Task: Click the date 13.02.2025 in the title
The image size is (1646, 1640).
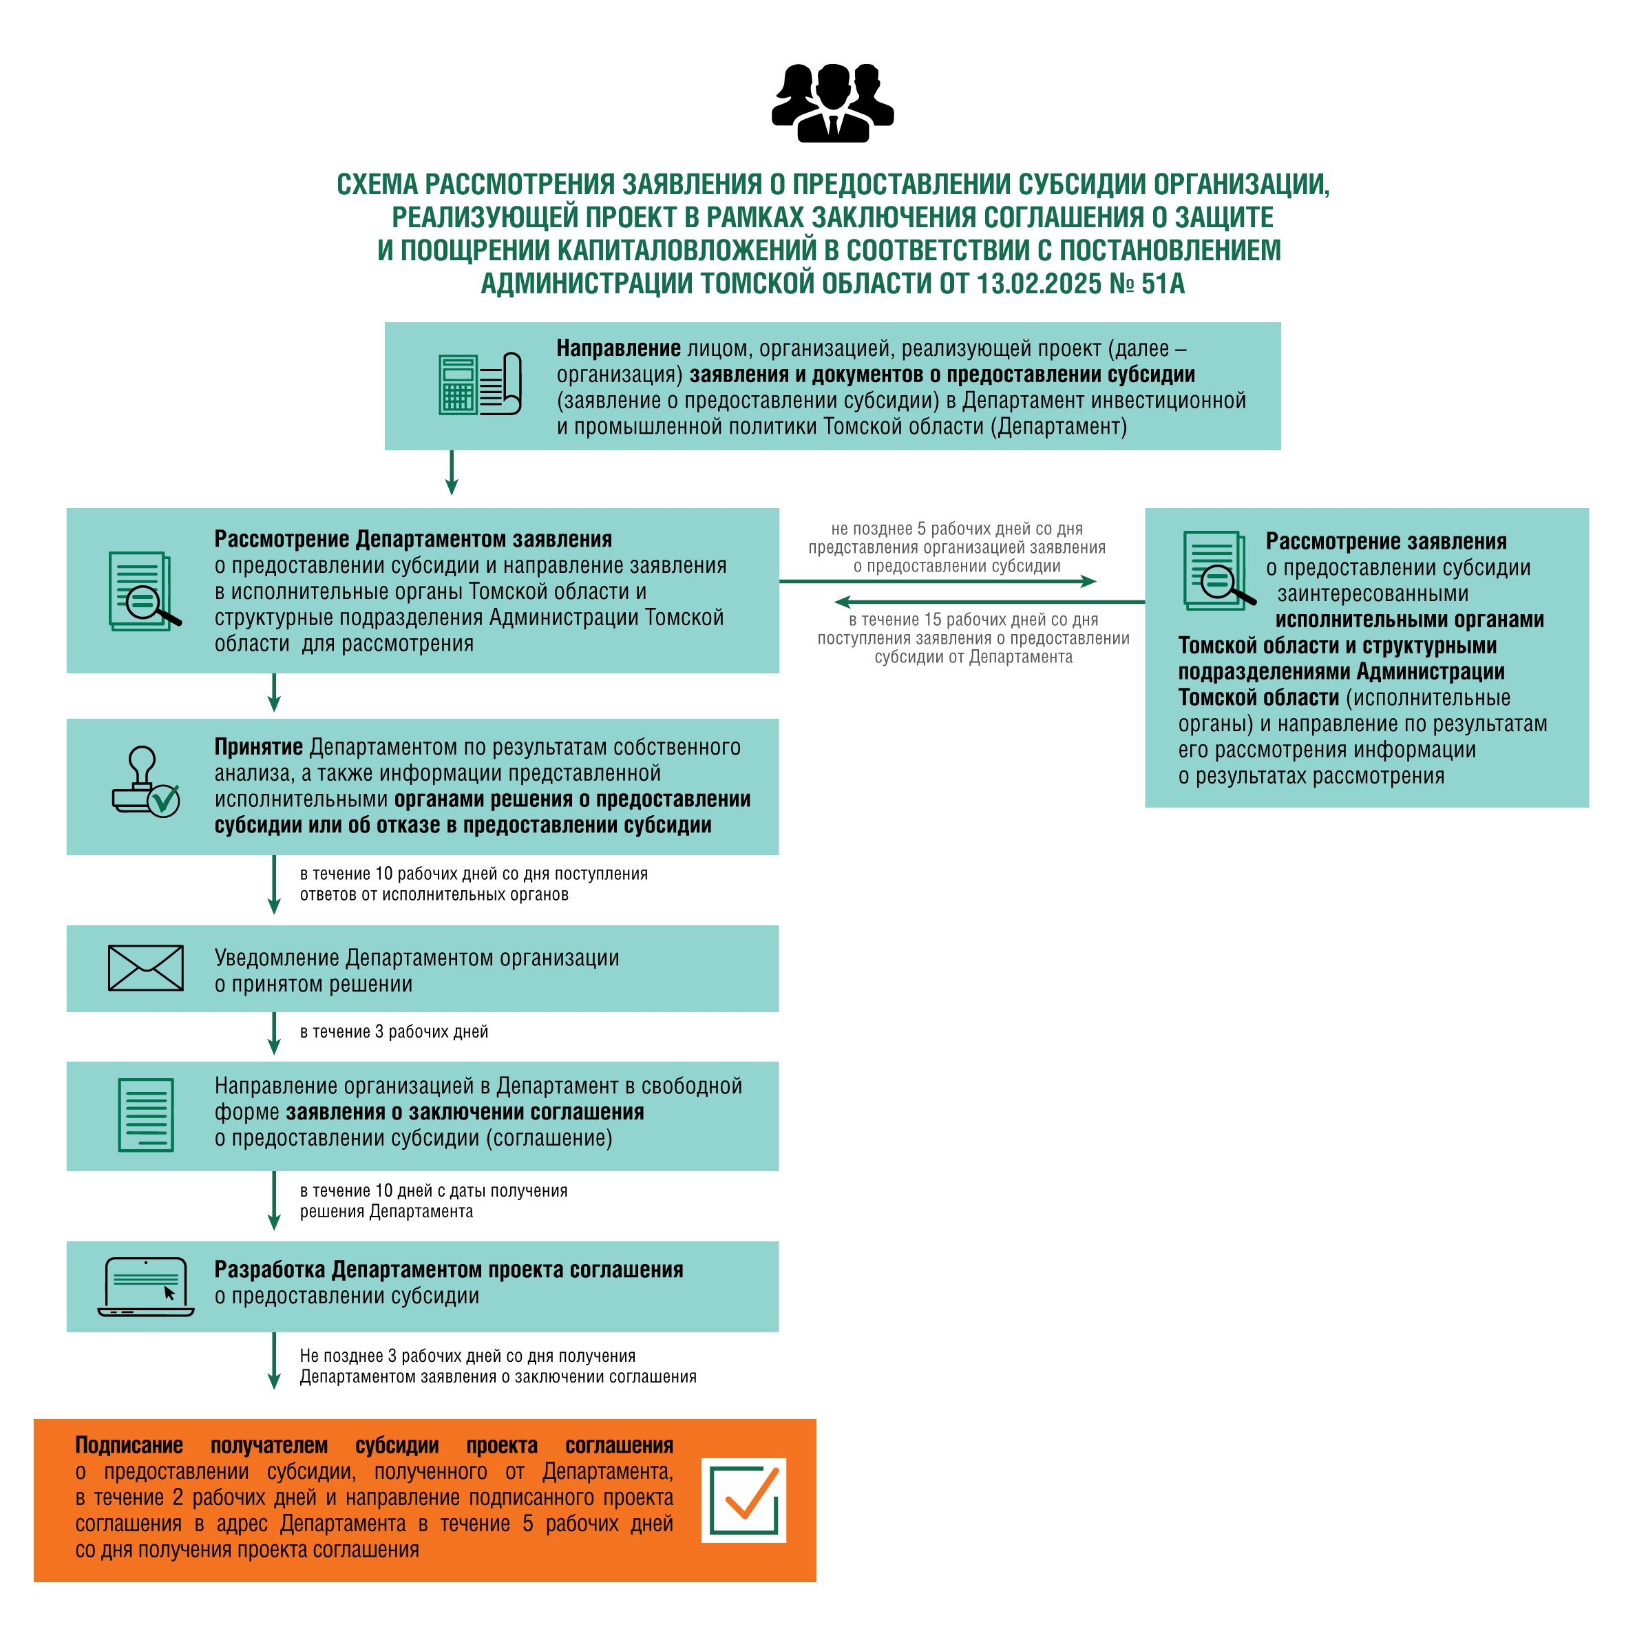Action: (x=1039, y=284)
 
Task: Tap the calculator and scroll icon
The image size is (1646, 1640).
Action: (x=480, y=384)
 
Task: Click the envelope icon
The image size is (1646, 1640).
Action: (x=146, y=968)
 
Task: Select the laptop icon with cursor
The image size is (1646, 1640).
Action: (x=146, y=1286)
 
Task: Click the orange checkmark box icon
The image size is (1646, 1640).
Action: (x=743, y=1500)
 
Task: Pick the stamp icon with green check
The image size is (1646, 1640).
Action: (x=146, y=781)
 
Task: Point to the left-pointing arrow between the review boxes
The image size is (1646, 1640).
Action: (x=989, y=602)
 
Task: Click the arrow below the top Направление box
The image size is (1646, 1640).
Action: (x=452, y=473)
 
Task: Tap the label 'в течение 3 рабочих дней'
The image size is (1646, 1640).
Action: (x=394, y=1031)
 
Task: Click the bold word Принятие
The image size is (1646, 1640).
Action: (x=259, y=747)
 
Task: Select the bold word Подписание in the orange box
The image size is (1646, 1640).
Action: (x=129, y=1446)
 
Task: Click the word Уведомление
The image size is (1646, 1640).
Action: (x=277, y=958)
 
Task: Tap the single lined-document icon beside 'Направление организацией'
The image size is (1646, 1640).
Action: (x=146, y=1115)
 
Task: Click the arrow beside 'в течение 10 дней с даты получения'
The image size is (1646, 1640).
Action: (x=274, y=1201)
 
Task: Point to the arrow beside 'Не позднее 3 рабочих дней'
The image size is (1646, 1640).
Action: (x=274, y=1361)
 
